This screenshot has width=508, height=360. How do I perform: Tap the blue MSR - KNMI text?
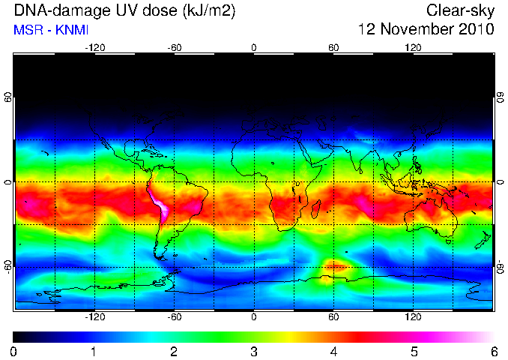point(51,30)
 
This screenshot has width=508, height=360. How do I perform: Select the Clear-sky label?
point(460,10)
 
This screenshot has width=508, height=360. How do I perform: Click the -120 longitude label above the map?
point(95,48)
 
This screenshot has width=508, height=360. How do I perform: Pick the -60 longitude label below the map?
point(175,316)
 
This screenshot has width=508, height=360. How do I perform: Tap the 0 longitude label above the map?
point(254,48)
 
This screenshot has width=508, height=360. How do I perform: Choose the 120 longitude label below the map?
point(413,316)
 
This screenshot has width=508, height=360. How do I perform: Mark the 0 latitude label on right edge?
point(501,182)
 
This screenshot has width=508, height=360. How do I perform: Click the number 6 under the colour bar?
point(494,352)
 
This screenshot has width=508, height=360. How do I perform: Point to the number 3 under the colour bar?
point(254,352)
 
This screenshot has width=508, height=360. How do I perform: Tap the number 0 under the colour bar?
point(13,352)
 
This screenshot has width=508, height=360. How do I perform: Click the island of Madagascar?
point(316,209)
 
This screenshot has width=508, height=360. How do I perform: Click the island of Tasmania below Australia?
point(448,241)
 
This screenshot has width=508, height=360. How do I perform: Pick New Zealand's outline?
point(483,240)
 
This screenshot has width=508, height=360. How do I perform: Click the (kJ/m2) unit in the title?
point(209,11)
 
